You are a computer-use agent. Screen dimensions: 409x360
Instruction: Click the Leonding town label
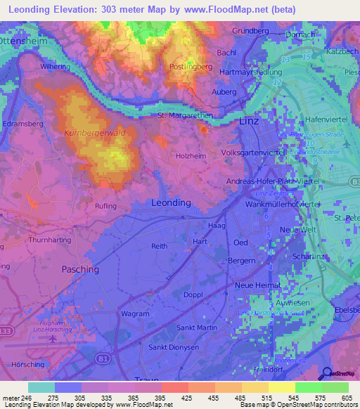tap(171, 202)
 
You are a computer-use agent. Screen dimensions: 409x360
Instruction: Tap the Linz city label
tap(250, 121)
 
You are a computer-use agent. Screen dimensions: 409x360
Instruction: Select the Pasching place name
tap(80, 269)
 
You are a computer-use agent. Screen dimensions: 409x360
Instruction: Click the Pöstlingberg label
tap(191, 66)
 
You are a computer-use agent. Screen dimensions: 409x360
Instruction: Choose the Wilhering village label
tap(56, 66)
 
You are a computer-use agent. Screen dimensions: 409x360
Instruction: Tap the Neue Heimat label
tap(257, 285)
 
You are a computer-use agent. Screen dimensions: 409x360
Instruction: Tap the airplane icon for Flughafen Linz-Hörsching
tap(52, 339)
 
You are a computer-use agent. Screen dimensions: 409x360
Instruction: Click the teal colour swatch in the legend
tap(41, 387)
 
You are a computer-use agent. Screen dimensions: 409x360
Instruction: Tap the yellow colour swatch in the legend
tap(281, 387)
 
